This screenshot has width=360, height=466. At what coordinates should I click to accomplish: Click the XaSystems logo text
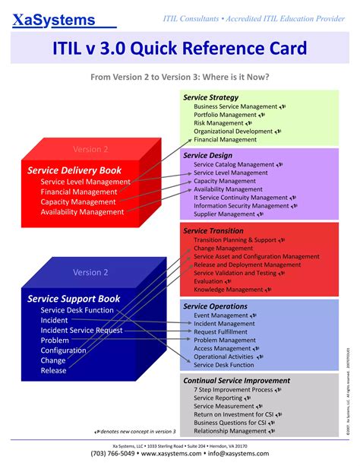[x=53, y=21]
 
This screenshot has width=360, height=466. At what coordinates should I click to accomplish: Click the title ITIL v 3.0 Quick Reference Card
[x=179, y=49]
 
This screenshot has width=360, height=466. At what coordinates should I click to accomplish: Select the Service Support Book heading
[x=74, y=298]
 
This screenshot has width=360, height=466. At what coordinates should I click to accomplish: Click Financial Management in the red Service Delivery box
[x=79, y=192]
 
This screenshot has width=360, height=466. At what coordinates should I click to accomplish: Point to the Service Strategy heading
[x=211, y=97]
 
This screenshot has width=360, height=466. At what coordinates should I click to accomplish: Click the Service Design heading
[x=208, y=155]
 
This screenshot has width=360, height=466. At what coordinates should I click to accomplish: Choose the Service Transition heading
[x=213, y=230]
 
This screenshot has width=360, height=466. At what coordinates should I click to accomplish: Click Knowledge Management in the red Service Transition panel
[x=228, y=290]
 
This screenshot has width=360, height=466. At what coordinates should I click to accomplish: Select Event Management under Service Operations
[x=221, y=315]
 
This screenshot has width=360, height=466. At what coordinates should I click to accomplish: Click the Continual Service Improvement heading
[x=237, y=380]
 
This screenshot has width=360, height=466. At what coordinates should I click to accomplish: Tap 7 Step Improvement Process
[x=233, y=389]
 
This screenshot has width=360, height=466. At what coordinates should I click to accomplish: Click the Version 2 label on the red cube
[x=90, y=149]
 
